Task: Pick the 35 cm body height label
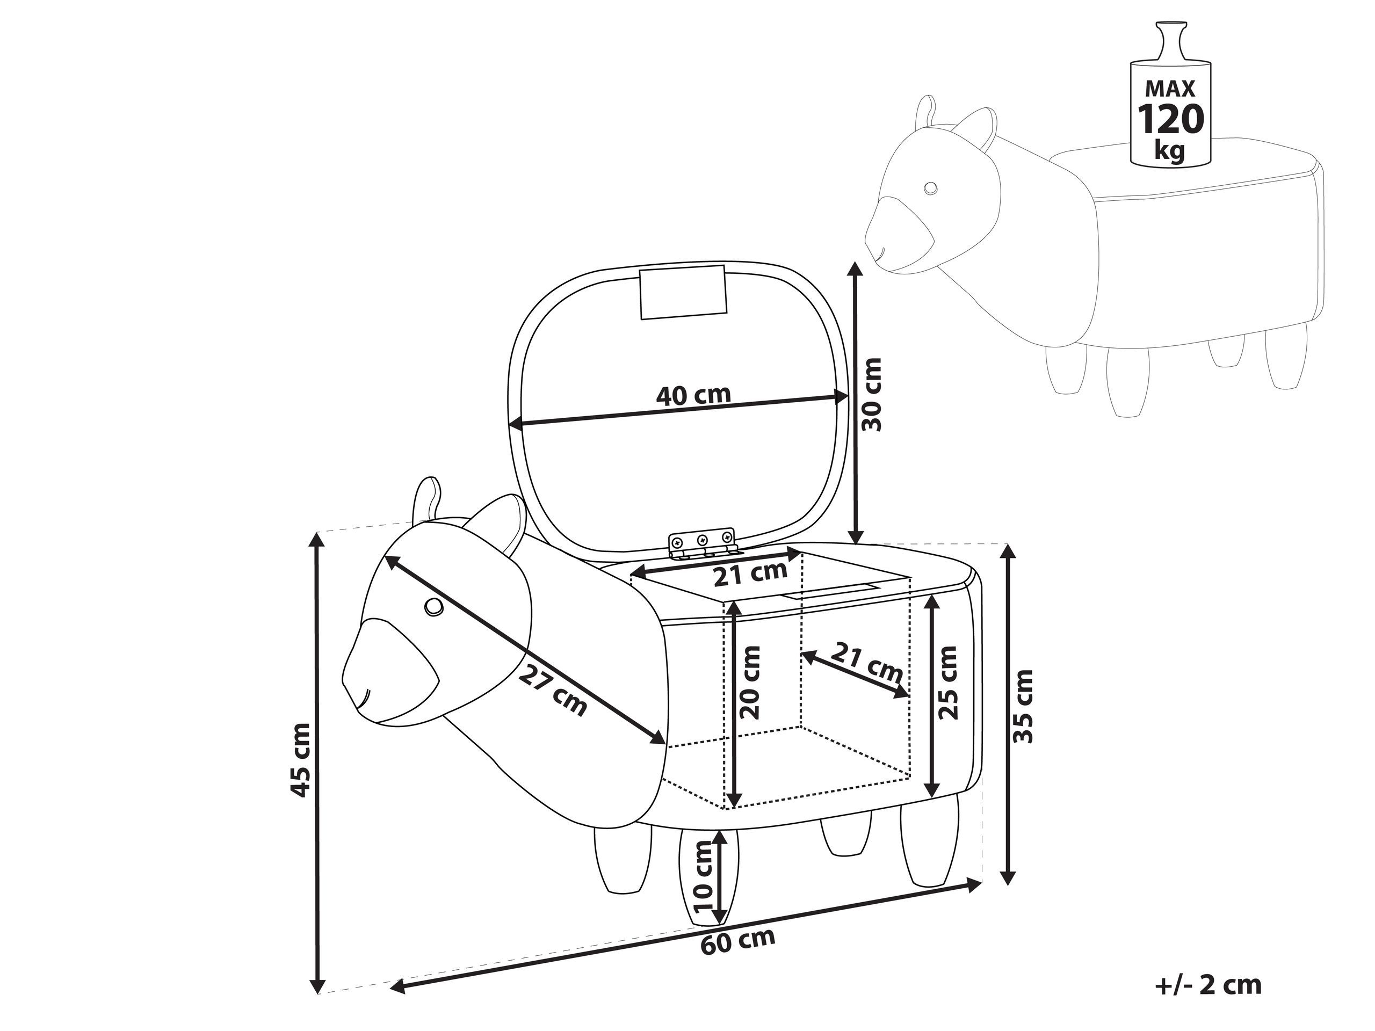[1023, 707]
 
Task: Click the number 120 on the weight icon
[1170, 119]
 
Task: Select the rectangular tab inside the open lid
[683, 292]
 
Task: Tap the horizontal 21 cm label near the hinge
[750, 573]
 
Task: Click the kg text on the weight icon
[1169, 150]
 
